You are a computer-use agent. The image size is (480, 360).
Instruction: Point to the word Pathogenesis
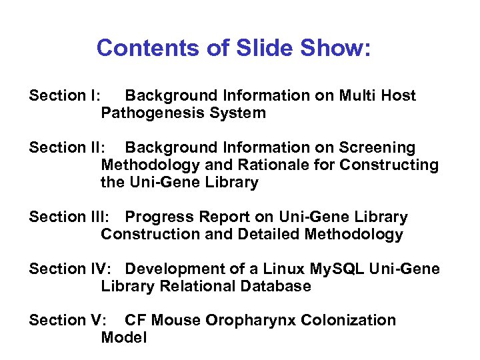click(x=153, y=113)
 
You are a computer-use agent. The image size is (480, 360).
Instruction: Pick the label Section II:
click(x=67, y=147)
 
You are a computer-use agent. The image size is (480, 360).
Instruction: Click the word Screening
click(x=378, y=147)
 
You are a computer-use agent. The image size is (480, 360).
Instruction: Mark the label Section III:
click(x=69, y=217)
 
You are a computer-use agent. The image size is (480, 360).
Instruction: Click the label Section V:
click(x=67, y=320)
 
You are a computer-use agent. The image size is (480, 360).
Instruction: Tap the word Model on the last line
click(x=123, y=337)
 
